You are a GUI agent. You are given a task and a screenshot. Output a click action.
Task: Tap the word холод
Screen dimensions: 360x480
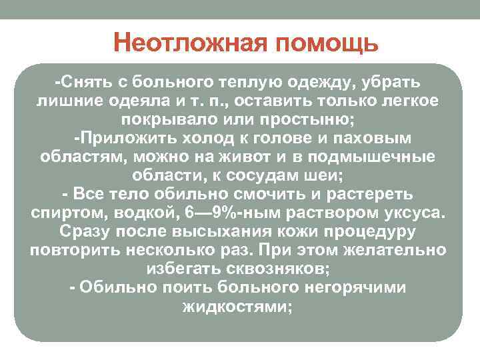click(x=215, y=139)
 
